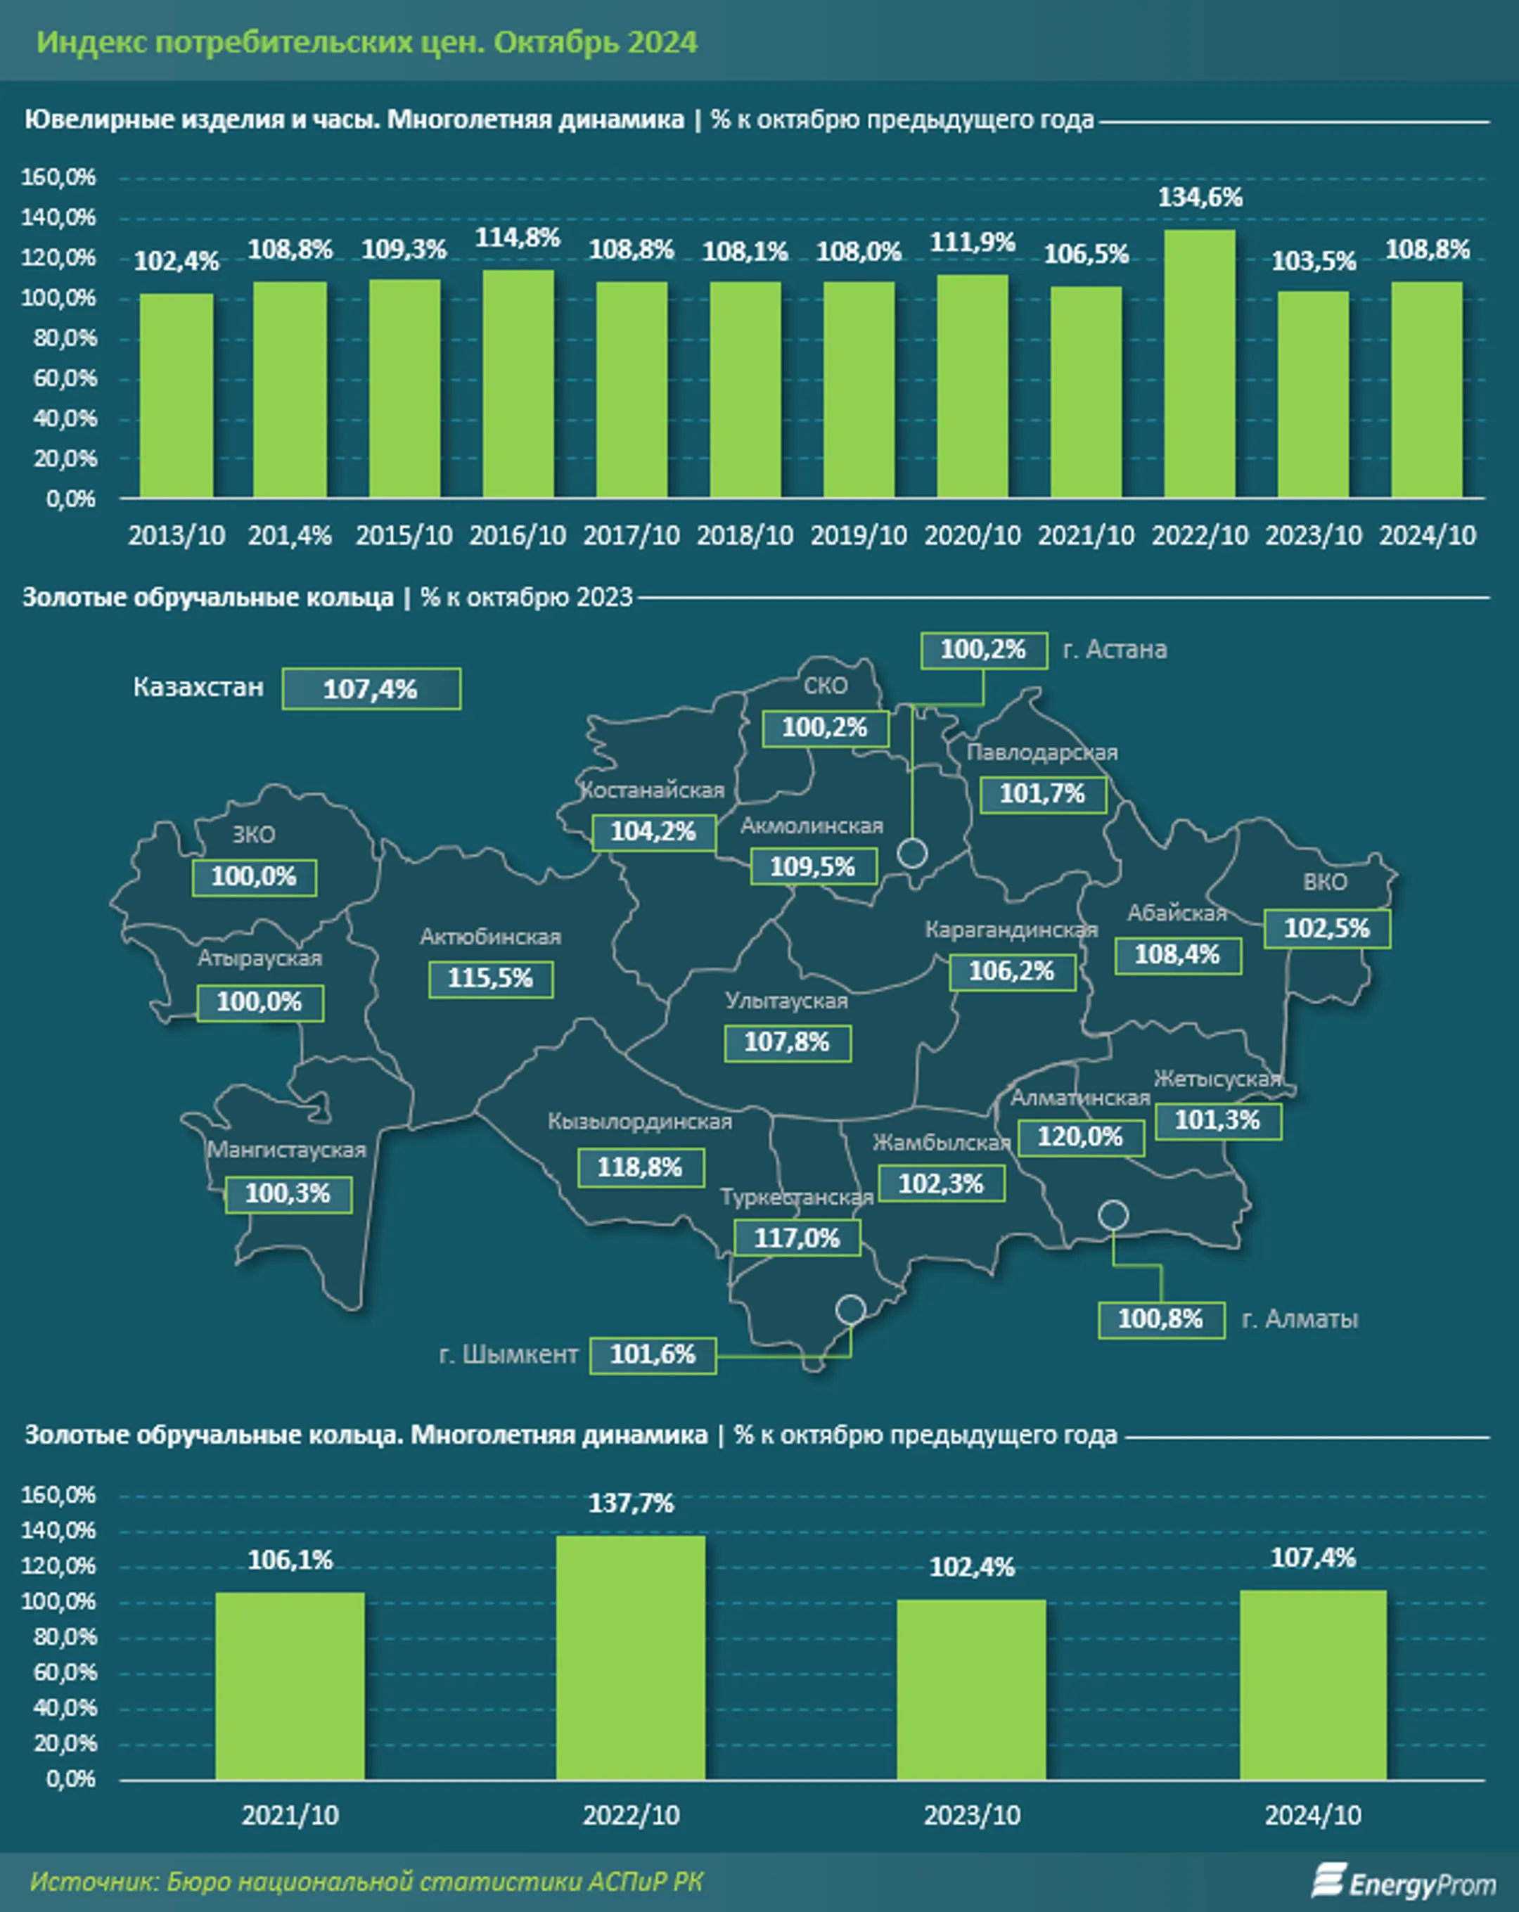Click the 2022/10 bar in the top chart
(1199, 364)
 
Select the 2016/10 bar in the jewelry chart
(518, 383)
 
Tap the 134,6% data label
(1200, 197)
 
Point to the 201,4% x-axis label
(290, 536)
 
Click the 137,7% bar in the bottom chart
(631, 1657)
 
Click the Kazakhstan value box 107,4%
(371, 689)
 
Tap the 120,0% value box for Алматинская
(1080, 1137)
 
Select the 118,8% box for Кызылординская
(640, 1167)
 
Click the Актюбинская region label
(490, 937)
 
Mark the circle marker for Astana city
(913, 853)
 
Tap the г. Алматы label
(1300, 1318)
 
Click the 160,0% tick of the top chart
(58, 177)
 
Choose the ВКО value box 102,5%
(1328, 928)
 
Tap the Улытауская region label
(786, 1001)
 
